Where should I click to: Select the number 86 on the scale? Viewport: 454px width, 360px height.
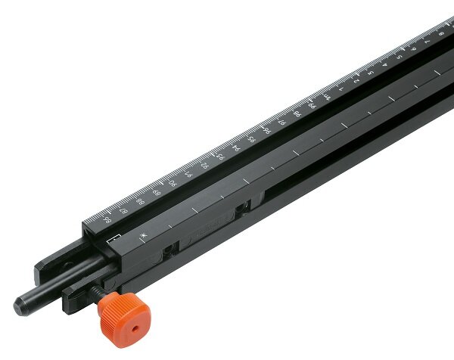click(108, 220)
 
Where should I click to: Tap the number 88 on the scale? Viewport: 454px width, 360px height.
click(141, 201)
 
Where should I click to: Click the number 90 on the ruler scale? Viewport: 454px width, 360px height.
click(173, 183)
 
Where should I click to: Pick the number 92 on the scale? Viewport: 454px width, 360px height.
click(204, 165)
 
